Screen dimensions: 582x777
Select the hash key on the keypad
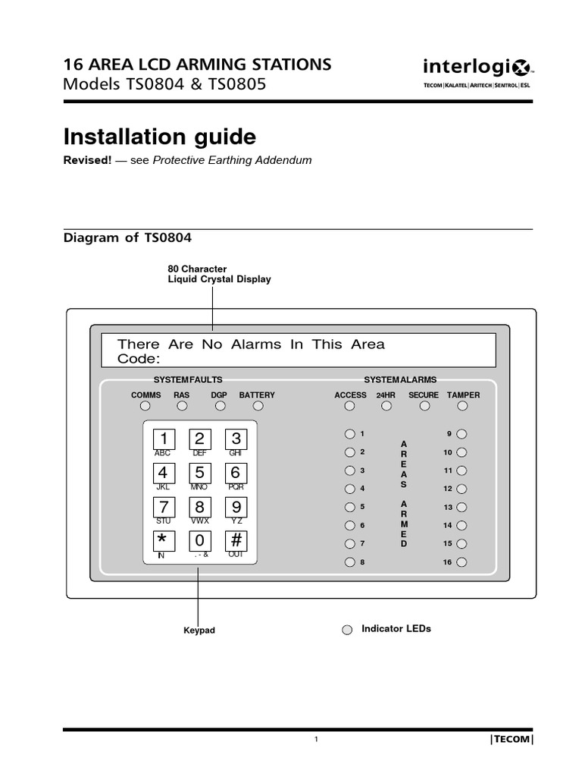coord(236,541)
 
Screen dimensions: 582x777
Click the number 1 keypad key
coord(163,439)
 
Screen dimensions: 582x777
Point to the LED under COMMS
coord(145,406)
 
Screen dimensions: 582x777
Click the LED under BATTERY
coord(257,406)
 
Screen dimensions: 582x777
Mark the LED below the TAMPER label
coord(463,406)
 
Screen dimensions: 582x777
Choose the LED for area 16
coord(462,562)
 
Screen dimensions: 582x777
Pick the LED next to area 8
coord(349,562)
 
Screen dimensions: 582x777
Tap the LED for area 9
coord(462,434)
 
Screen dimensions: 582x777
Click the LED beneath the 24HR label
coord(386,406)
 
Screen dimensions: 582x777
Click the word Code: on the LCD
coord(139,358)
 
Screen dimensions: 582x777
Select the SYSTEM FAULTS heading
coord(188,379)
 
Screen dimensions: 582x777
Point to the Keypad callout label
coord(199,631)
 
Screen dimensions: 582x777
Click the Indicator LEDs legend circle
coord(347,630)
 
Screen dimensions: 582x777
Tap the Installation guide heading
coord(160,137)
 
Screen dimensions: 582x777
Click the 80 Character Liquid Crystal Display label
coord(219,274)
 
